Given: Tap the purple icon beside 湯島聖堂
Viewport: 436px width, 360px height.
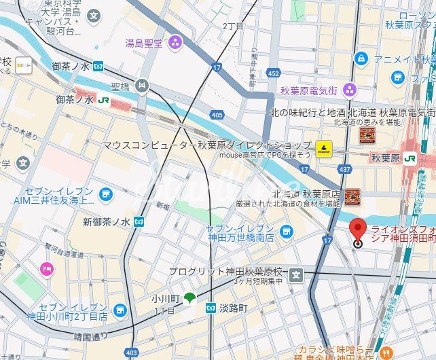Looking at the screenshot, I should click(x=176, y=43).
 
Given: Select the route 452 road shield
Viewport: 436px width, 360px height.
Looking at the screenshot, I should click(x=273, y=73).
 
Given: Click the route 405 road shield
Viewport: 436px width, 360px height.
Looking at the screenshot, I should click(x=217, y=115).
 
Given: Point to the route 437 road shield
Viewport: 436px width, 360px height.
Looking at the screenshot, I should click(x=344, y=168).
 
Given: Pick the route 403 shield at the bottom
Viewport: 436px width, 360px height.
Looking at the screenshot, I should click(x=131, y=353).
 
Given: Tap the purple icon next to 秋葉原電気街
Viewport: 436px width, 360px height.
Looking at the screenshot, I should click(x=349, y=89).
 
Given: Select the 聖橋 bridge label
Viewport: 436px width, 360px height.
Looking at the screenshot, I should click(x=120, y=86).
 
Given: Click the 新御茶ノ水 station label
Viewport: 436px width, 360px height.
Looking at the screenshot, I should click(x=107, y=222).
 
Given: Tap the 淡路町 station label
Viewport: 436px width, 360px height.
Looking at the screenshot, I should click(x=233, y=308).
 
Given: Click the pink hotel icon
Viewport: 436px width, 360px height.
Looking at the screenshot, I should click(x=46, y=269).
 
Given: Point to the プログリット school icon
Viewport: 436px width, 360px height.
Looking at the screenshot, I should click(x=295, y=275).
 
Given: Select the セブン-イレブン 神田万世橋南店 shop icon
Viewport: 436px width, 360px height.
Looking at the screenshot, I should click(x=286, y=231).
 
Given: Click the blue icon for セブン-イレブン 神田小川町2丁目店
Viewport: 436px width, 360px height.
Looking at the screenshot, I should click(x=120, y=310).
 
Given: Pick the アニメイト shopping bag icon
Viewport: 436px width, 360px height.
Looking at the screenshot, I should click(x=361, y=59).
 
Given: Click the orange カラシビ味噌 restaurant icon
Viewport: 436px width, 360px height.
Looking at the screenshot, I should click(x=386, y=353).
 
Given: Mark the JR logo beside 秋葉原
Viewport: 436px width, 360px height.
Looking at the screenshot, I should click(x=410, y=158).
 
